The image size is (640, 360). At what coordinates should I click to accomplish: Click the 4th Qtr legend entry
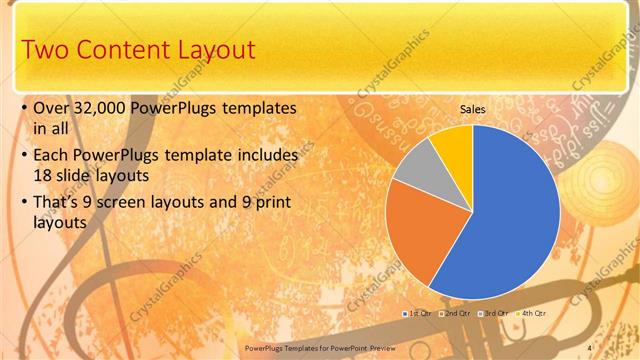click(x=529, y=314)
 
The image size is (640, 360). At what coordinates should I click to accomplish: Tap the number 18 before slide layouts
click(x=44, y=177)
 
